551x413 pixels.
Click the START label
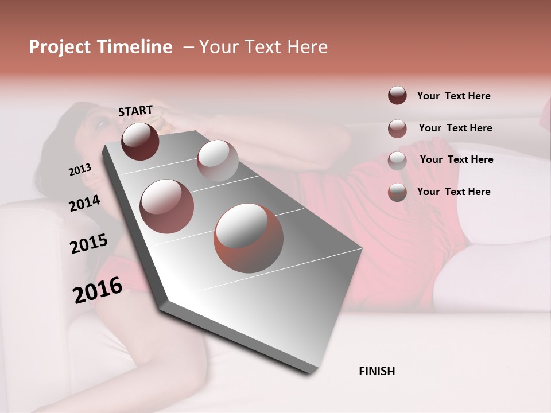[135, 111]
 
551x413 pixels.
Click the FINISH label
[377, 371]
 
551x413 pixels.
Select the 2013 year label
[80, 169]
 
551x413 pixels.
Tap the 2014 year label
[85, 203]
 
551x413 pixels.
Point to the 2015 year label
[89, 243]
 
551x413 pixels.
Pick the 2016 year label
[98, 290]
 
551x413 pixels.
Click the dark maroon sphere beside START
[140, 141]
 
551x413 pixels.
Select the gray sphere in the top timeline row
[217, 161]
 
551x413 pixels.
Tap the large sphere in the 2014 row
[166, 206]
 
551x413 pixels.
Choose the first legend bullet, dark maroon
[397, 95]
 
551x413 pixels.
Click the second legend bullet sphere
[397, 128]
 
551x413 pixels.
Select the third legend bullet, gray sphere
[397, 160]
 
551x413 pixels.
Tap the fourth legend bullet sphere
[397, 192]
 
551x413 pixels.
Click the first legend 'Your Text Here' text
[454, 96]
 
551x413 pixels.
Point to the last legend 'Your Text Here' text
[454, 192]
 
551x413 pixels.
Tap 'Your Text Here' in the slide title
[263, 47]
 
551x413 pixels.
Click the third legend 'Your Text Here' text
[456, 159]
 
